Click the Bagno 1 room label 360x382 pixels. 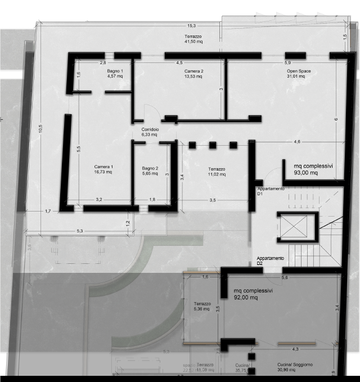116,74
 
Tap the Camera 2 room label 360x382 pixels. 193,74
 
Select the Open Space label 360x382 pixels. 299,74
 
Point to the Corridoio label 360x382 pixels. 150,133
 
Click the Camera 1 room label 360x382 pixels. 103,169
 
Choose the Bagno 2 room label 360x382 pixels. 150,171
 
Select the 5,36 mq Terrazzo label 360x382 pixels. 202,306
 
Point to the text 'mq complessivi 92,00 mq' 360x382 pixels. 253,294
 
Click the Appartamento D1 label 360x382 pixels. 271,191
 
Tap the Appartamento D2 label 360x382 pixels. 271,260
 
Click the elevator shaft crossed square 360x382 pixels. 296,227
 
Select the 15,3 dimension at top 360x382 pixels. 192,26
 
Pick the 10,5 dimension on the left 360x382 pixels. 40,129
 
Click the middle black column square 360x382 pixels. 213,145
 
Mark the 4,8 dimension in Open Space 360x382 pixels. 296,141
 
